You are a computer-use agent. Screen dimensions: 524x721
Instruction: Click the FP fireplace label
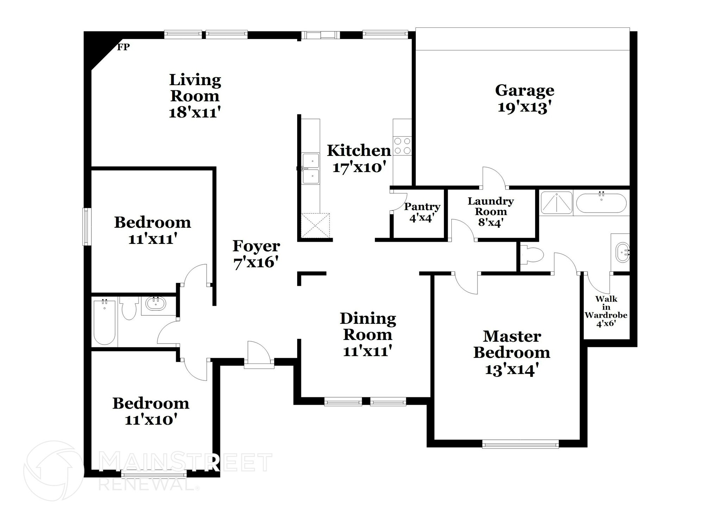pyautogui.click(x=123, y=47)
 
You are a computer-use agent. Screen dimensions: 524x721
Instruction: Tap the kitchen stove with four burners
pyautogui.click(x=402, y=146)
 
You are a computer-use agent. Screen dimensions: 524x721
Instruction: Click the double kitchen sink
pyautogui.click(x=311, y=169)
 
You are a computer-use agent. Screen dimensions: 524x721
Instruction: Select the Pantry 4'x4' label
pyautogui.click(x=422, y=212)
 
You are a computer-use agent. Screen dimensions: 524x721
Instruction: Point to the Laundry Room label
pyautogui.click(x=490, y=206)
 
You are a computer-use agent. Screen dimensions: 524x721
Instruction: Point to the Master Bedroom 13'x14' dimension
pyautogui.click(x=512, y=370)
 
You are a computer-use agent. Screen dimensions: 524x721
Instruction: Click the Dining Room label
pyautogui.click(x=368, y=326)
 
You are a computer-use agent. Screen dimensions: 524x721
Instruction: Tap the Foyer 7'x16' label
pyautogui.click(x=256, y=254)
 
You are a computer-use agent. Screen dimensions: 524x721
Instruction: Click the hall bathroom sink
pyautogui.click(x=156, y=303)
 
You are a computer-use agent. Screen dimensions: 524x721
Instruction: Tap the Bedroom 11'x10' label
pyautogui.click(x=151, y=411)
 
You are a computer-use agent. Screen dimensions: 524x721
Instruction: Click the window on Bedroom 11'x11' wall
pyautogui.click(x=86, y=226)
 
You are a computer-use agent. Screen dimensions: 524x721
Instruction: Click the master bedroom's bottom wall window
pyautogui.click(x=520, y=445)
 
